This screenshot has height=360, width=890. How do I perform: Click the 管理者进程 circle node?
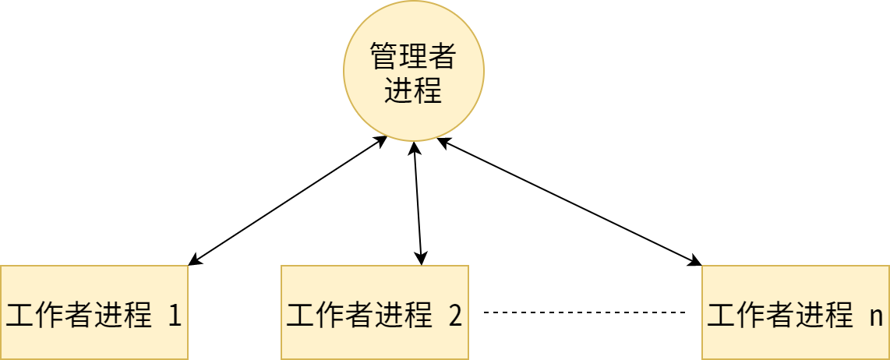(x=414, y=71)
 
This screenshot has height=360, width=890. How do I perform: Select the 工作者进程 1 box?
(x=94, y=312)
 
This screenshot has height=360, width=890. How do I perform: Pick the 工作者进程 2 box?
(x=375, y=312)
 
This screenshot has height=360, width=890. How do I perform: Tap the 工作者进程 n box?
(x=796, y=312)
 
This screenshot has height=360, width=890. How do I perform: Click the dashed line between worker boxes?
(x=585, y=312)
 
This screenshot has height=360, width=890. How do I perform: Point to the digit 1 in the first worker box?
(x=175, y=316)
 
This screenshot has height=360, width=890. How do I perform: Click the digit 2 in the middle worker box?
(x=456, y=316)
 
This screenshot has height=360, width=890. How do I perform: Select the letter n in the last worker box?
(x=876, y=317)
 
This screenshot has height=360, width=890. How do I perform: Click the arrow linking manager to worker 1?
(x=288, y=200)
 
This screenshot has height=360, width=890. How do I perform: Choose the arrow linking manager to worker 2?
(x=418, y=203)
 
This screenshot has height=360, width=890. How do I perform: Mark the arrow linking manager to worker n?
(x=569, y=202)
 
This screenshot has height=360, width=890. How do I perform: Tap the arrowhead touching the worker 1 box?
(x=194, y=261)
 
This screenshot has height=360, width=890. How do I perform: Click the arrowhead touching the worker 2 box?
(x=421, y=259)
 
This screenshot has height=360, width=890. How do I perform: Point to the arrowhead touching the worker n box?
(x=695, y=262)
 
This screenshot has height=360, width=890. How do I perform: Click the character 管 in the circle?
(x=384, y=55)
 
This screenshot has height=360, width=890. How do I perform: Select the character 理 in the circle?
(x=414, y=55)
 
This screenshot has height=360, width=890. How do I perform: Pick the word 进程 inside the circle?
(x=414, y=90)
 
